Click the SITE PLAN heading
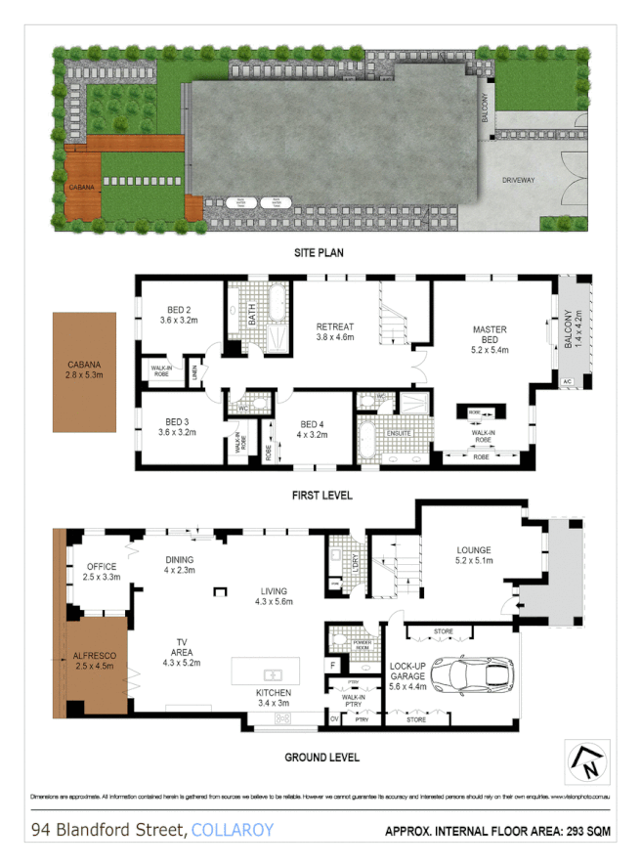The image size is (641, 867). (x=320, y=253)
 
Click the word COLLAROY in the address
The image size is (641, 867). (x=233, y=831)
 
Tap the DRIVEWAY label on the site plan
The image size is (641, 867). (x=521, y=181)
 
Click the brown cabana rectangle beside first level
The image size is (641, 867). (x=85, y=371)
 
